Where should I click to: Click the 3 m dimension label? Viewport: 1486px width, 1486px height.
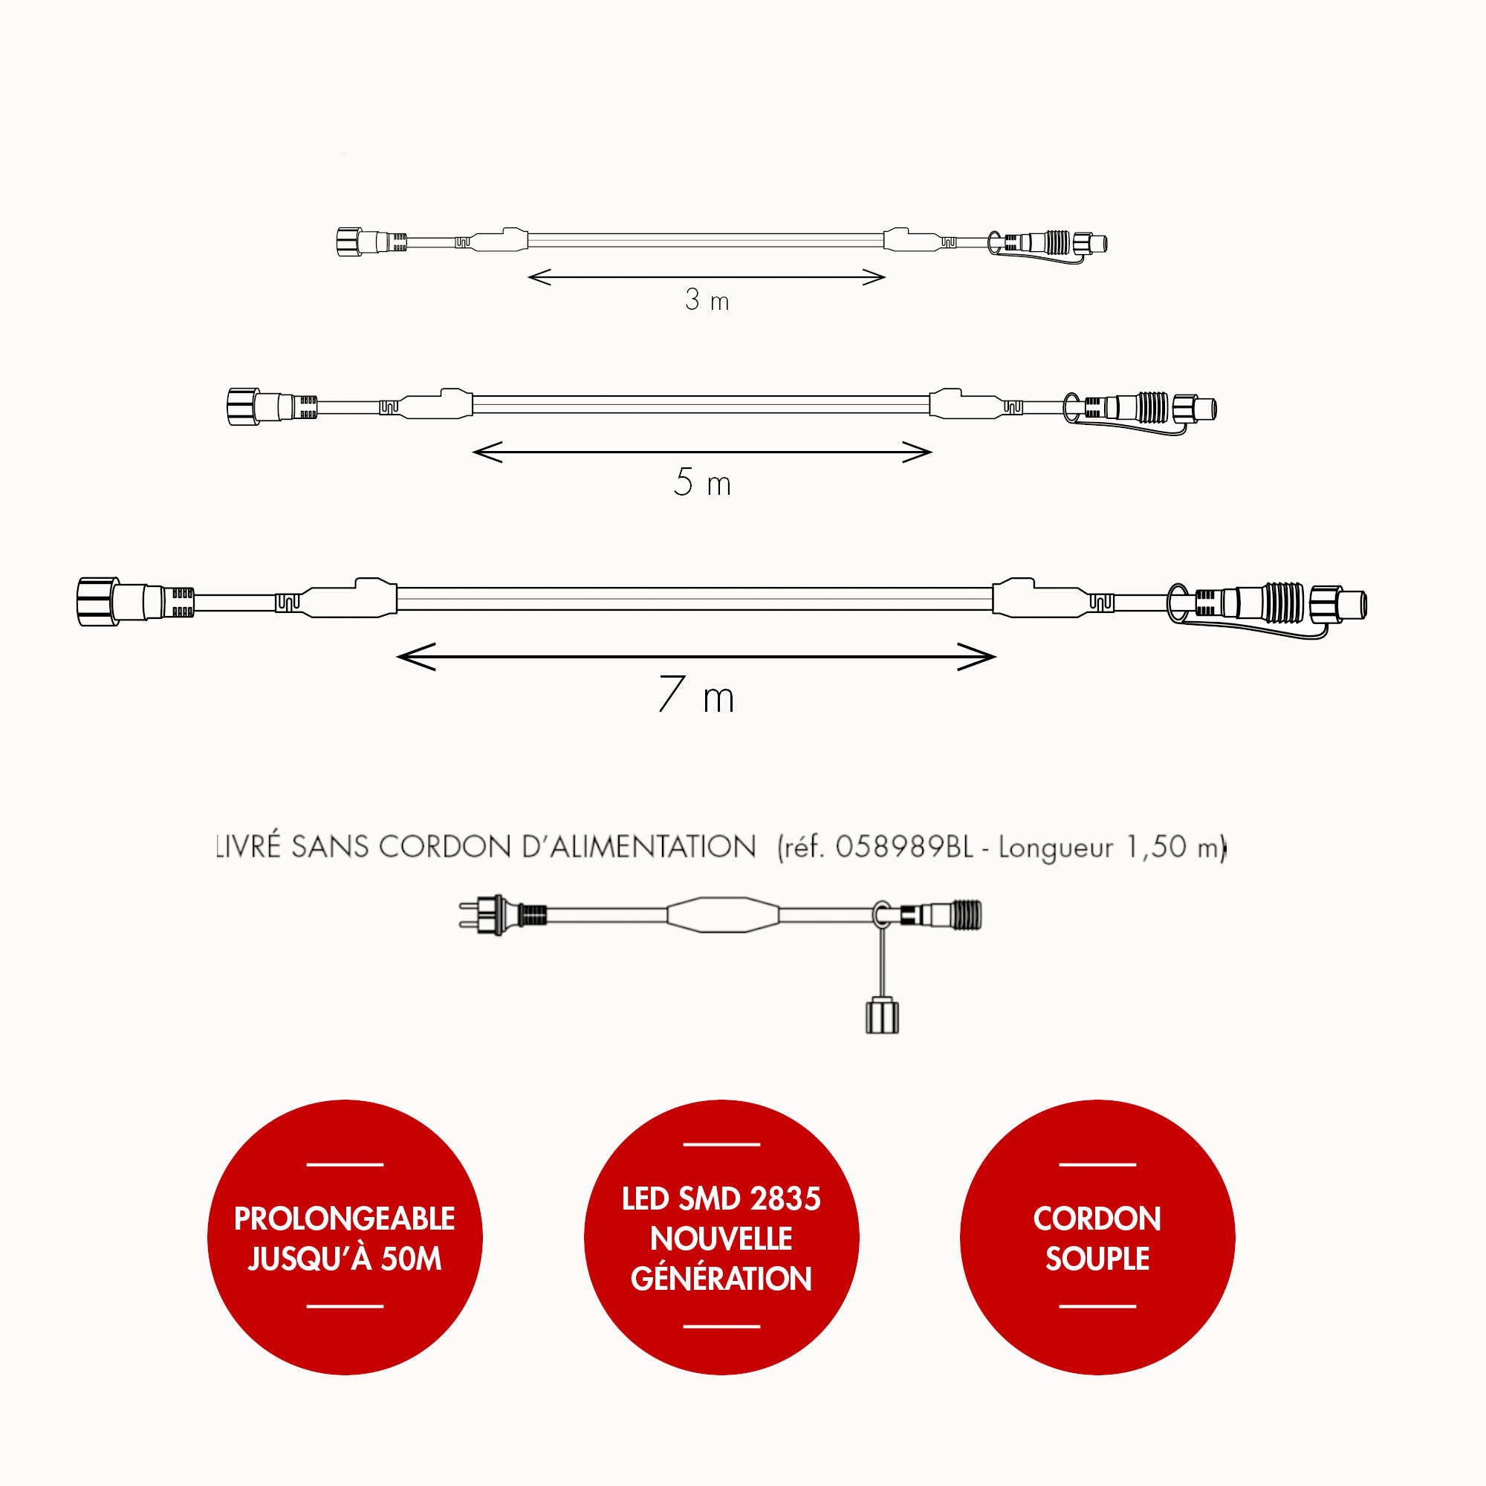pyautogui.click(x=706, y=300)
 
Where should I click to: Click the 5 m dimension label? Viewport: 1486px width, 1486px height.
pyautogui.click(x=701, y=482)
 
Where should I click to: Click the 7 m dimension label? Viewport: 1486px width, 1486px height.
pyautogui.click(x=697, y=695)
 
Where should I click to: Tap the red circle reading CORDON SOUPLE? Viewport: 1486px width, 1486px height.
pyautogui.click(x=1097, y=1238)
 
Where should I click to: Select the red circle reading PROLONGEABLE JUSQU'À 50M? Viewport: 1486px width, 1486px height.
pyautogui.click(x=345, y=1238)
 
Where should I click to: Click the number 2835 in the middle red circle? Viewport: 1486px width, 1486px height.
pyautogui.click(x=788, y=1199)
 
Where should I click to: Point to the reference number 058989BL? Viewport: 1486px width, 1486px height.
pyautogui.click(x=903, y=847)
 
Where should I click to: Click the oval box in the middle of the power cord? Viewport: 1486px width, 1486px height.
pyautogui.click(x=723, y=915)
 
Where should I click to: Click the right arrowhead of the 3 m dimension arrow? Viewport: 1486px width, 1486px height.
pyautogui.click(x=875, y=277)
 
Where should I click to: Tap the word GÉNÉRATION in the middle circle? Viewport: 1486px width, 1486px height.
pyautogui.click(x=721, y=1278)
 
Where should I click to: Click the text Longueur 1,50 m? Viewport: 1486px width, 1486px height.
pyautogui.click(x=1108, y=847)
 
